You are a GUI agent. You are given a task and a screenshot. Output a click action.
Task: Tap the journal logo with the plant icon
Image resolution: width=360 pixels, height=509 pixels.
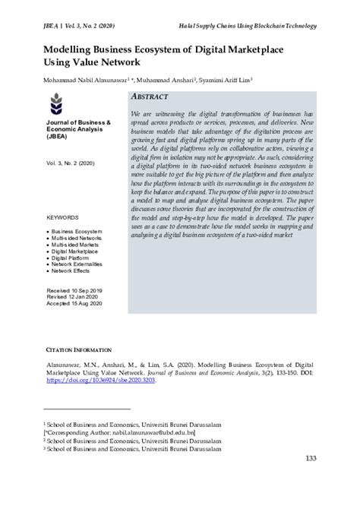pyautogui.click(x=56, y=103)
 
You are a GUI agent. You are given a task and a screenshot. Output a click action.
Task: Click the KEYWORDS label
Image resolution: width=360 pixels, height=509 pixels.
pyautogui.click(x=63, y=217)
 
